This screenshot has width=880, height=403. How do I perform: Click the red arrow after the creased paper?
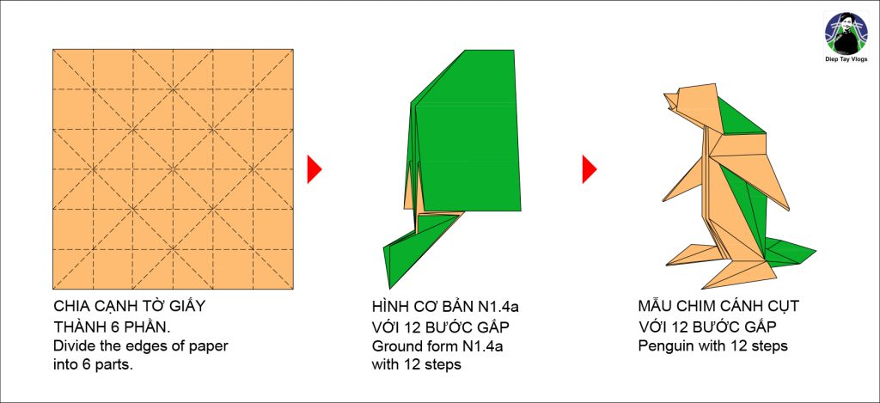tap(314, 169)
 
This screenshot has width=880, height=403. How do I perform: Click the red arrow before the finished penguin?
tap(589, 169)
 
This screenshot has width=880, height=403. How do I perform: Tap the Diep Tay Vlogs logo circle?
tap(846, 34)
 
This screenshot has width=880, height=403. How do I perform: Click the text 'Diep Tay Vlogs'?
tap(846, 59)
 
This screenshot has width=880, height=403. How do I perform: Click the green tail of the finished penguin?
tap(789, 253)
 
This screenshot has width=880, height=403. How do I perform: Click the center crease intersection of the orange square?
tap(173, 169)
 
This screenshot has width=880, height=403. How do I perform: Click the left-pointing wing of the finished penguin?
tap(690, 180)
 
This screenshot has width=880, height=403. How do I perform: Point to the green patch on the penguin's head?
tap(740, 117)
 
